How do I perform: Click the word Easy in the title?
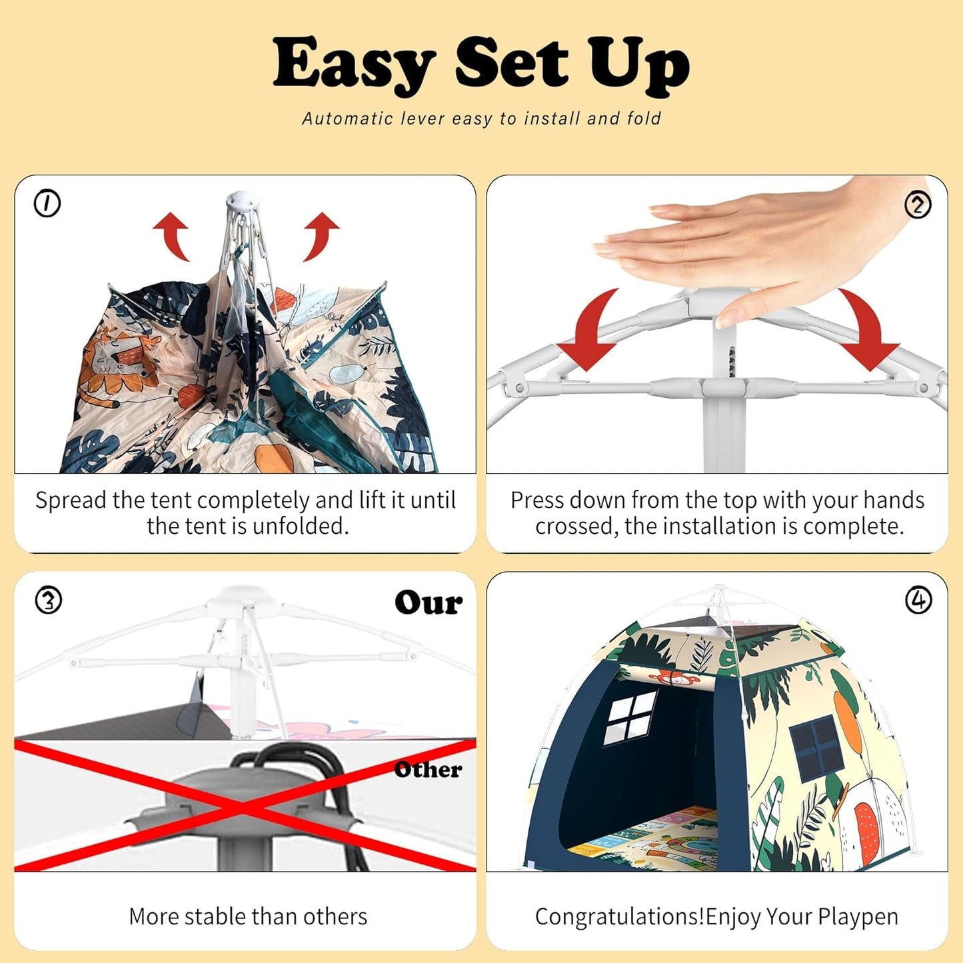(x=353, y=63)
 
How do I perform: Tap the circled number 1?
(x=47, y=203)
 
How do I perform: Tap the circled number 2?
(x=918, y=205)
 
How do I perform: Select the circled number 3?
(x=48, y=600)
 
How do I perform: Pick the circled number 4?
(x=918, y=600)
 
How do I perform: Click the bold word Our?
(x=428, y=602)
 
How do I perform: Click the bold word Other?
(x=427, y=770)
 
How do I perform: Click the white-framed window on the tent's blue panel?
(x=630, y=718)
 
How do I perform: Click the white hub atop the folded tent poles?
(x=238, y=199)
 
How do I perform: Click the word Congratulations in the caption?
(x=619, y=916)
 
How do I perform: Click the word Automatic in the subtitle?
(x=347, y=119)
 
